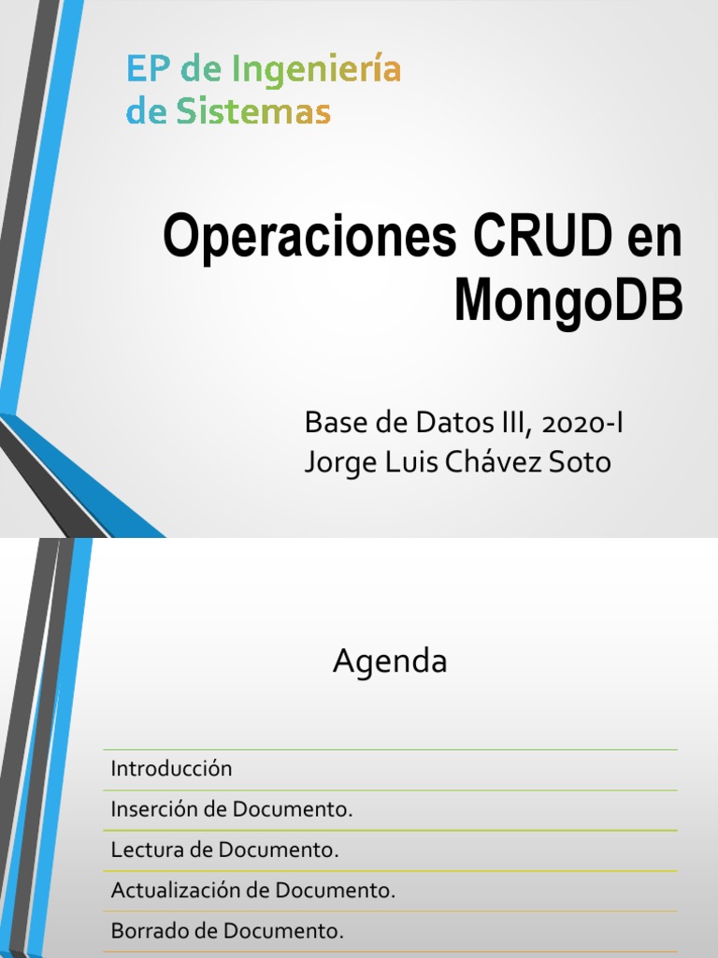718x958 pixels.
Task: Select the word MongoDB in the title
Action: tap(568, 301)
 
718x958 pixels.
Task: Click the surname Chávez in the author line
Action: tap(500, 462)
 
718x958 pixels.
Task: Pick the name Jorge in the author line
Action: tap(339, 462)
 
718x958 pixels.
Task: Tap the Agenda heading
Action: tap(390, 662)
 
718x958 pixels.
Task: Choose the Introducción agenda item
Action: tap(171, 769)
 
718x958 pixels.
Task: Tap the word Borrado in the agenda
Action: tap(147, 932)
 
